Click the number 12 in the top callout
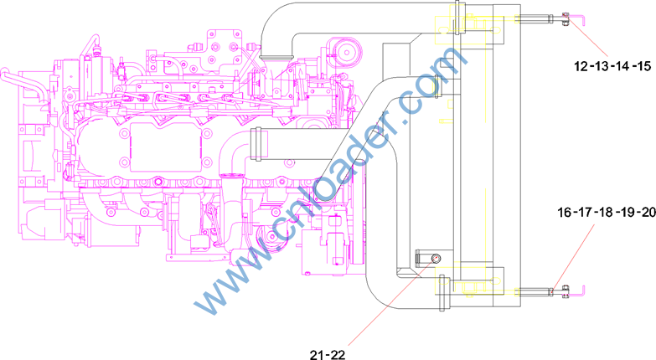[x=581, y=66]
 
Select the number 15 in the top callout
[x=644, y=66]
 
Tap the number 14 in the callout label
[x=622, y=66]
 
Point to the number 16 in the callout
[x=565, y=213]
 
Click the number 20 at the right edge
[x=648, y=213]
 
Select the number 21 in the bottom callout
[x=317, y=355]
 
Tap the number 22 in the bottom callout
[x=338, y=355]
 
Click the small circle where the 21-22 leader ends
[x=436, y=258]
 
